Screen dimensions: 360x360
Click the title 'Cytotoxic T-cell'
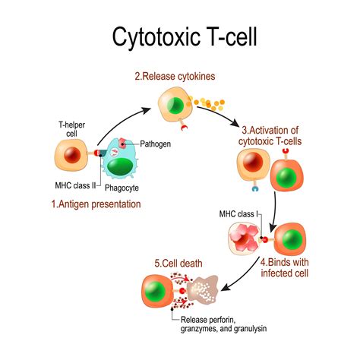(x=180, y=36)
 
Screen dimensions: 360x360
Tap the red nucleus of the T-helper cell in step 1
(x=71, y=156)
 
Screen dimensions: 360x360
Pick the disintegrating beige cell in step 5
(x=204, y=292)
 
